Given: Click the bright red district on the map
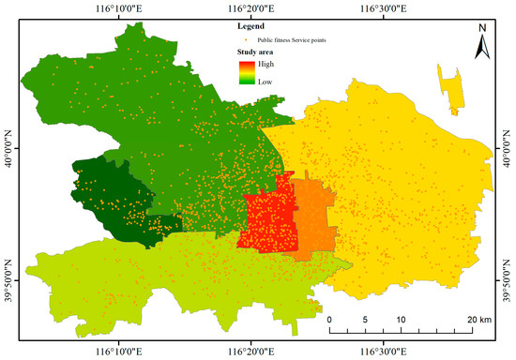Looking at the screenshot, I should (x=267, y=220).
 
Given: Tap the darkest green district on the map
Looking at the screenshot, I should (x=113, y=192).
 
